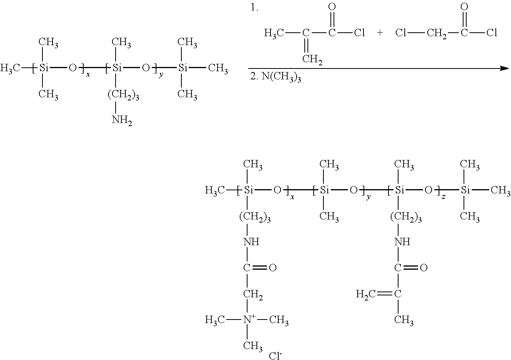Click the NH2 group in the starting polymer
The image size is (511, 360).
tap(122, 120)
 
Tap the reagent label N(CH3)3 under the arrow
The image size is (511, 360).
tap(276, 78)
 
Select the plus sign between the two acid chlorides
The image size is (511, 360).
tap(380, 33)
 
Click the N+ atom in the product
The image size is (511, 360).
tap(249, 320)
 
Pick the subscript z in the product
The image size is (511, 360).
tap(443, 197)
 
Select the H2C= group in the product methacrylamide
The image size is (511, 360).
tap(366, 294)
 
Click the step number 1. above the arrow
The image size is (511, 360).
tap(255, 8)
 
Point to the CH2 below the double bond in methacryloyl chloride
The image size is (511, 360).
tap(312, 60)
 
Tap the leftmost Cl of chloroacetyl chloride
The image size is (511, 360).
tap(400, 33)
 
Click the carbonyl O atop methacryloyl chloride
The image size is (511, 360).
tap(332, 7)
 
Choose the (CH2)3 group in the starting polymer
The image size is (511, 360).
tap(123, 95)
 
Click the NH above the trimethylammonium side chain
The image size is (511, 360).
tap(251, 242)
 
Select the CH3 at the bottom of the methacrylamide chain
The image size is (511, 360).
tap(404, 320)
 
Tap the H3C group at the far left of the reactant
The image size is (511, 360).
tap(11, 69)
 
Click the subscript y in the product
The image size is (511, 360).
tap(368, 197)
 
